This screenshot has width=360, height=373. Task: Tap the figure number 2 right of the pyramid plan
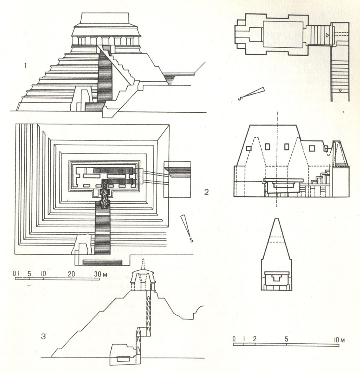pos(206,192)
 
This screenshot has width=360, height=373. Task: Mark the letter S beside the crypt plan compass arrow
pos(239,99)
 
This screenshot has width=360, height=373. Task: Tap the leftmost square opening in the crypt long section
pos(249,148)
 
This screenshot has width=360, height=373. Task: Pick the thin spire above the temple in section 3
pos(143,264)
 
